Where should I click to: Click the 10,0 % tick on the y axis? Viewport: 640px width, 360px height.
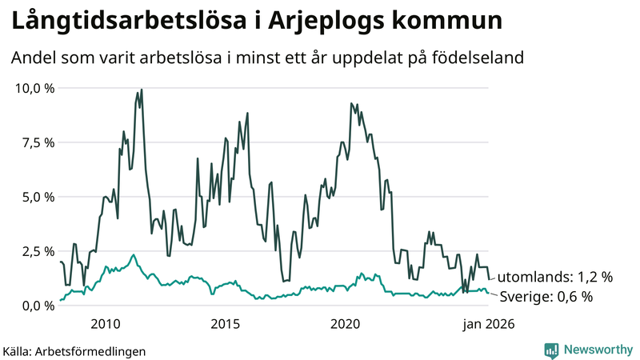coord(34,88)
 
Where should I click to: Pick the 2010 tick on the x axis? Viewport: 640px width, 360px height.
coord(106,324)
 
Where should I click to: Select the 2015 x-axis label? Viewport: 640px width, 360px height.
coord(226,324)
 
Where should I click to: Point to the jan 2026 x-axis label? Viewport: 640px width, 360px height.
coord(485,324)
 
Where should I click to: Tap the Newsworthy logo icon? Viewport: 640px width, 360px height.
coord(551,350)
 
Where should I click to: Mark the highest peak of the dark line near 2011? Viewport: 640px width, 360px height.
coord(142,90)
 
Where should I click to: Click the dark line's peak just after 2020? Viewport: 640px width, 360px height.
coord(351,103)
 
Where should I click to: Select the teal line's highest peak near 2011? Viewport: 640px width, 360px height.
coord(133,254)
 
